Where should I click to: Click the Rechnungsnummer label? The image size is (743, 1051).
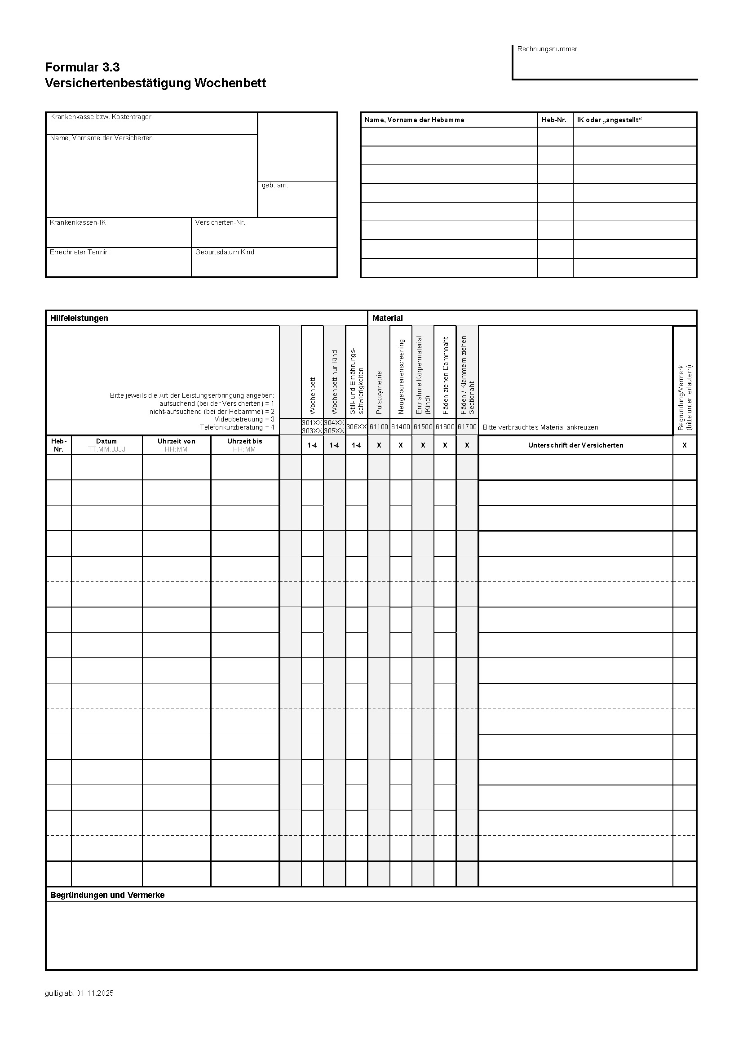tap(547, 49)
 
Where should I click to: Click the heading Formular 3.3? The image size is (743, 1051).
tap(82, 67)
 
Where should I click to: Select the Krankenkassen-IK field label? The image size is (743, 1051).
tap(78, 222)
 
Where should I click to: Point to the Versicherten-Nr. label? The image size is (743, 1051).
tap(220, 222)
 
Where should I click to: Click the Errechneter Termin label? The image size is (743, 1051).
tap(79, 252)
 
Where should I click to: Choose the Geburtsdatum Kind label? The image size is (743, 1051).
tap(225, 252)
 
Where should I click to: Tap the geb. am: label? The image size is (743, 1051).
tap(274, 186)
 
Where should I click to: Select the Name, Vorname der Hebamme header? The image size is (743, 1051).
tap(414, 120)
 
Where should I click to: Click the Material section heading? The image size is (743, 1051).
tap(388, 318)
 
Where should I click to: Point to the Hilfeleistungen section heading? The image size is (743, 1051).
tap(79, 318)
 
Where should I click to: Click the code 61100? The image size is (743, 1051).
tap(379, 426)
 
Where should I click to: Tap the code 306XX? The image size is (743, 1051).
tap(356, 426)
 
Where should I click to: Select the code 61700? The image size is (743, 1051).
tap(467, 426)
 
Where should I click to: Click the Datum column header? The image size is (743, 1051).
tap(106, 441)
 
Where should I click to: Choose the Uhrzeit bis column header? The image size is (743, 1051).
tap(245, 441)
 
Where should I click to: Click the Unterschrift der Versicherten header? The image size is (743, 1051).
tap(575, 445)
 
